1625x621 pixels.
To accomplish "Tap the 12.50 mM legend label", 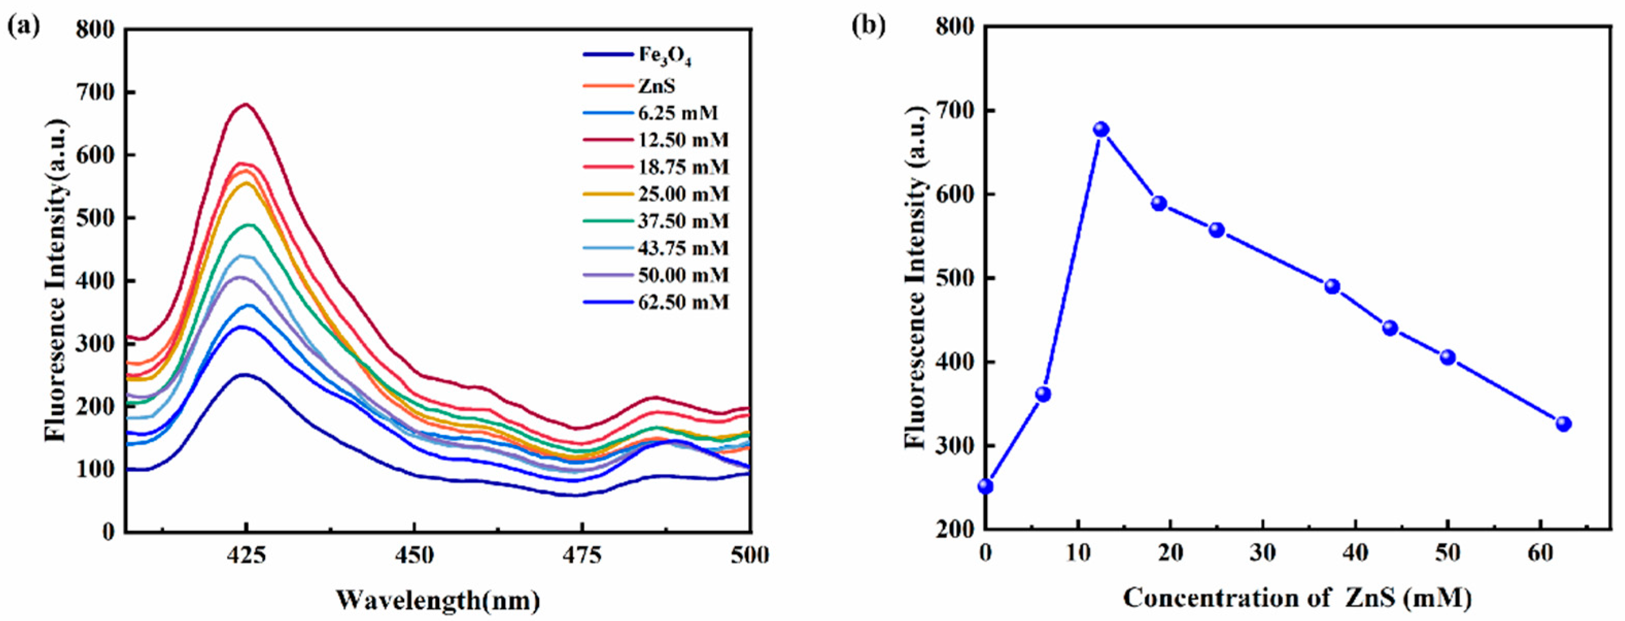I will click(x=683, y=140).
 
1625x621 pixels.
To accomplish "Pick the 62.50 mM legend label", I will click(x=683, y=303).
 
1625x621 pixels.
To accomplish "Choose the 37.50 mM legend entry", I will click(x=683, y=221).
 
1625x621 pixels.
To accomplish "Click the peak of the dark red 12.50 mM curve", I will click(x=246, y=104).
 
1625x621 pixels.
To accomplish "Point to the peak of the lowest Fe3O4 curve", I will click(x=244, y=375).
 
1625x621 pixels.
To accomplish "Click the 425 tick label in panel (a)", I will click(x=246, y=556).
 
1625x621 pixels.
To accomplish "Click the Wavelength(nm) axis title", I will click(x=437, y=599).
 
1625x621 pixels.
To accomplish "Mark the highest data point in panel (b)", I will click(x=1101, y=129).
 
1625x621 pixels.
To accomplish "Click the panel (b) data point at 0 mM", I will click(x=986, y=486).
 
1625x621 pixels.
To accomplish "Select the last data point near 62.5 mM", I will click(x=1563, y=424).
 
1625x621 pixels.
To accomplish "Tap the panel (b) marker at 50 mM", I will click(x=1448, y=357).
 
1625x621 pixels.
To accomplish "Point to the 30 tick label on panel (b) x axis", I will click(x=1263, y=553).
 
